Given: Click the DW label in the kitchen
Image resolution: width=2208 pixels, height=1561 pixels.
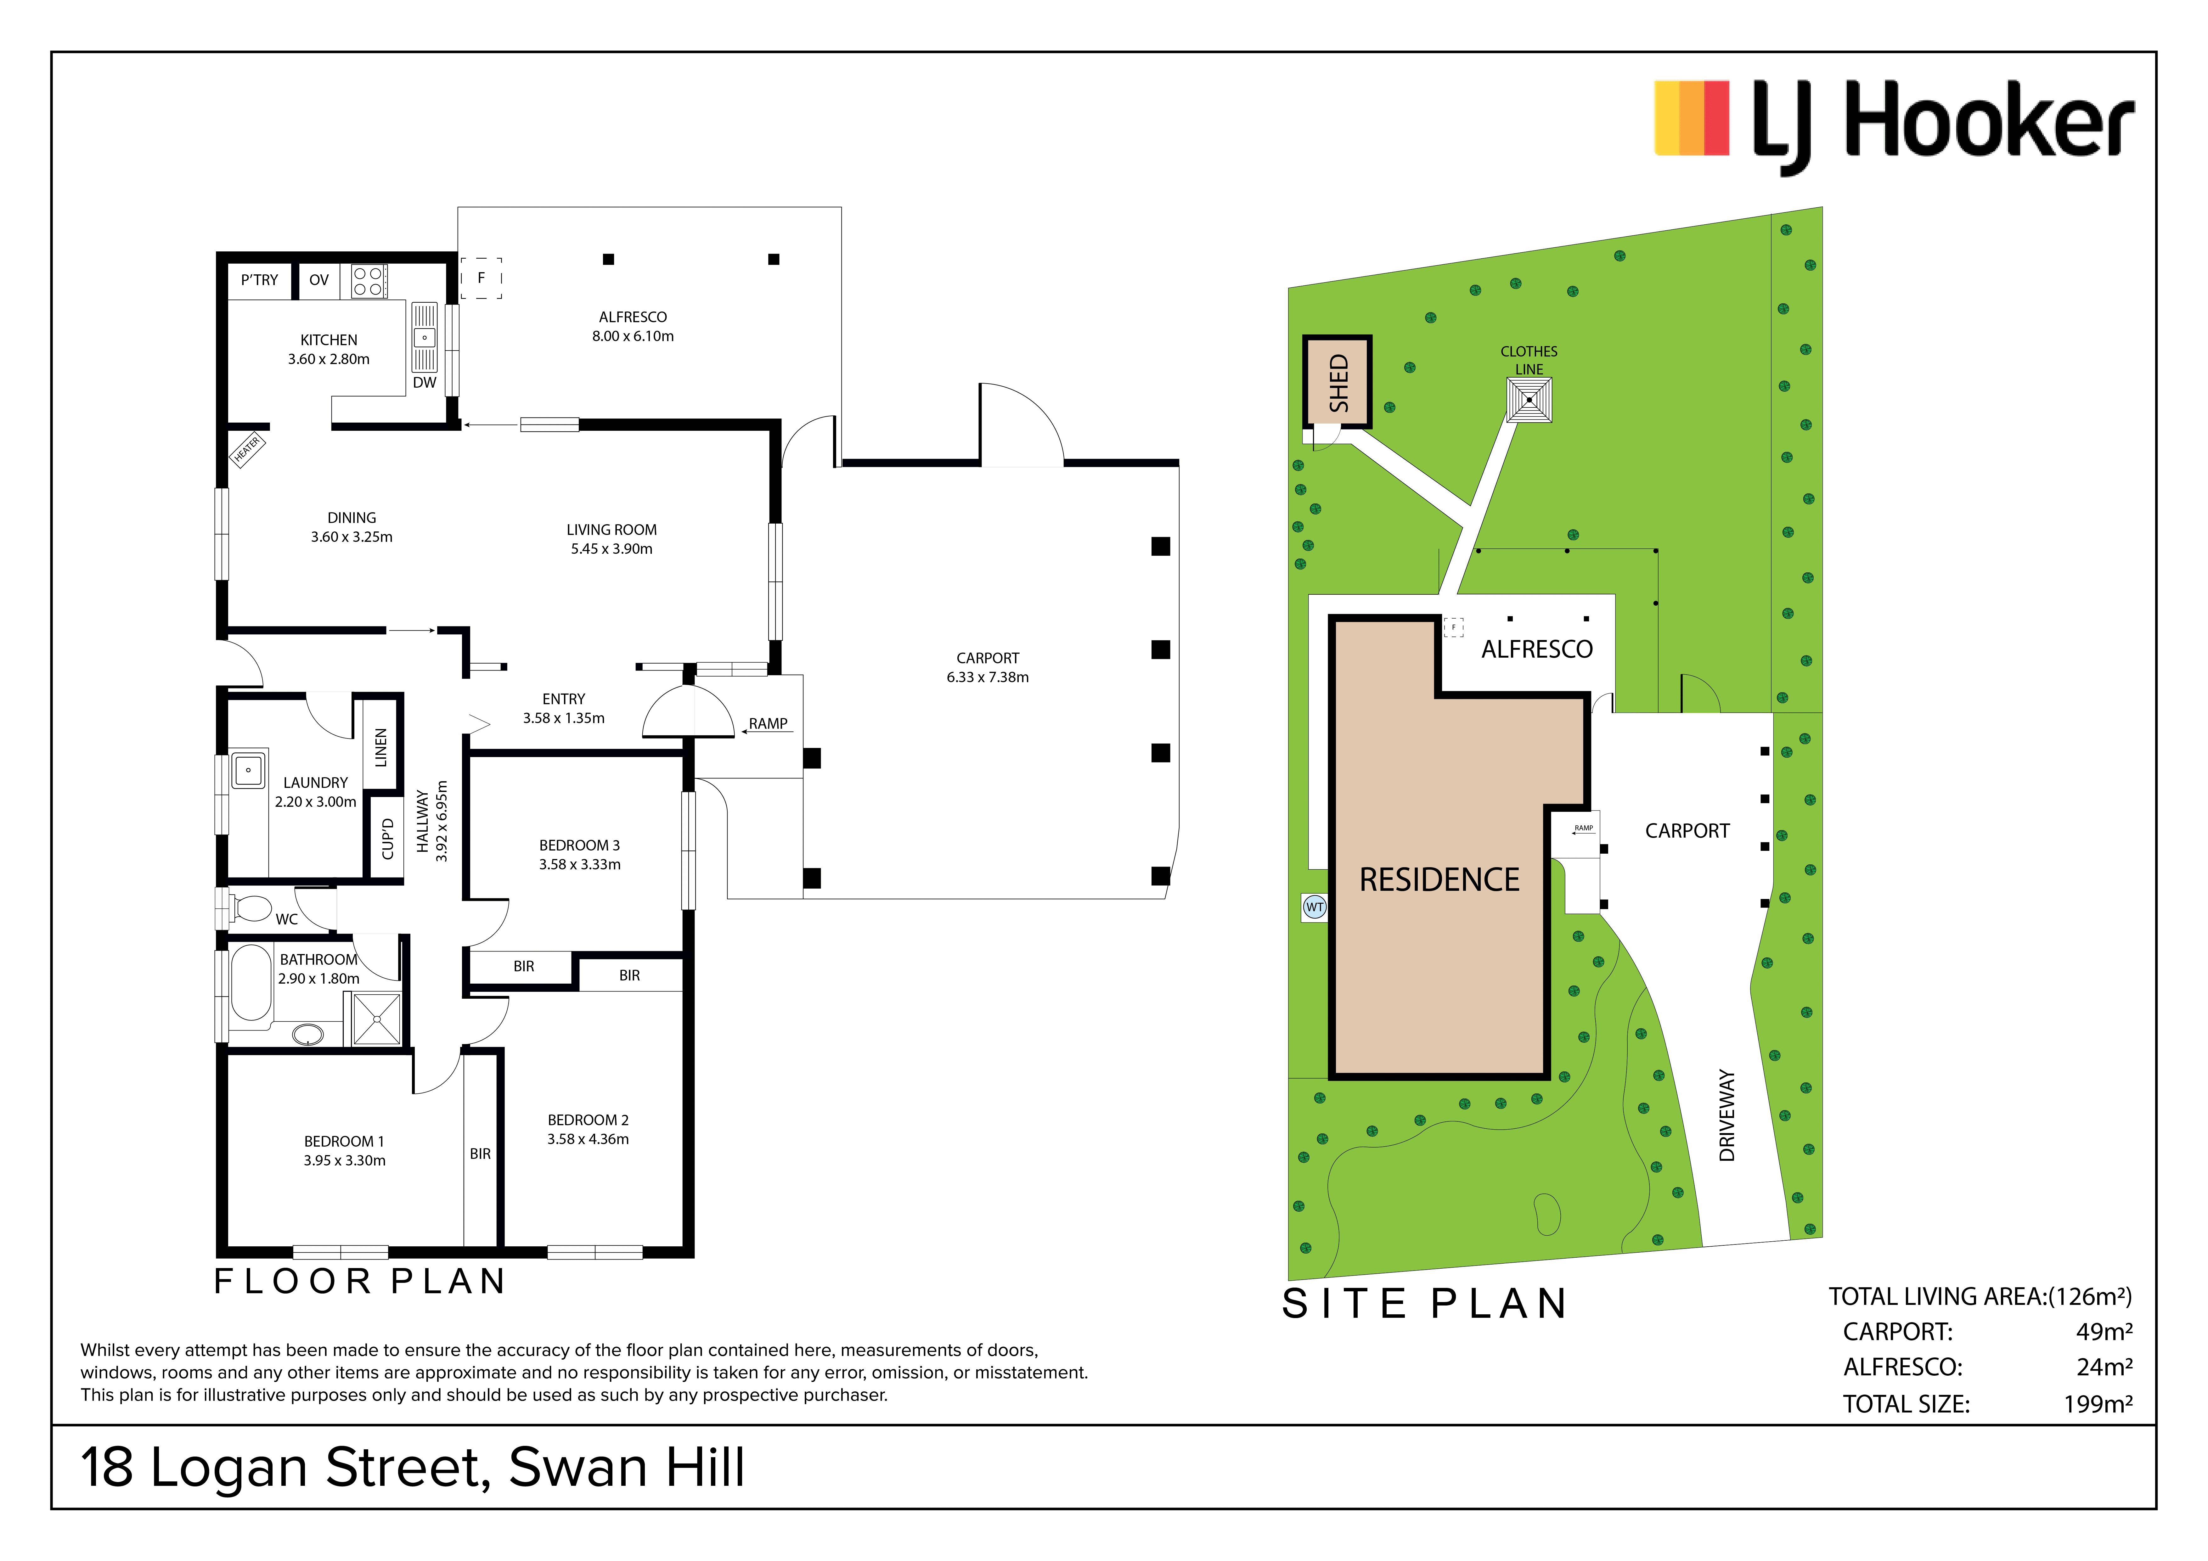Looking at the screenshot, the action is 424,383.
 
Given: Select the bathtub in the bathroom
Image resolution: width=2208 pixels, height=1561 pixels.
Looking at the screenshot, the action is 251,982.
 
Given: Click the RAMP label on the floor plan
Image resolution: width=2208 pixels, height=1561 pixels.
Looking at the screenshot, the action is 769,723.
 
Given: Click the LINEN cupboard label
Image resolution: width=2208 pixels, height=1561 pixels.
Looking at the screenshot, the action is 381,747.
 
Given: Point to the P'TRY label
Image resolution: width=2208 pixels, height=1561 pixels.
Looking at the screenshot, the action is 260,280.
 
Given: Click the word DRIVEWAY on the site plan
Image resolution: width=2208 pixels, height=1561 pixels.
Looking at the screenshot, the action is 1727,1116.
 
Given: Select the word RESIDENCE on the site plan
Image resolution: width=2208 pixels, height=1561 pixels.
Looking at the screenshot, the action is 1439,879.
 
